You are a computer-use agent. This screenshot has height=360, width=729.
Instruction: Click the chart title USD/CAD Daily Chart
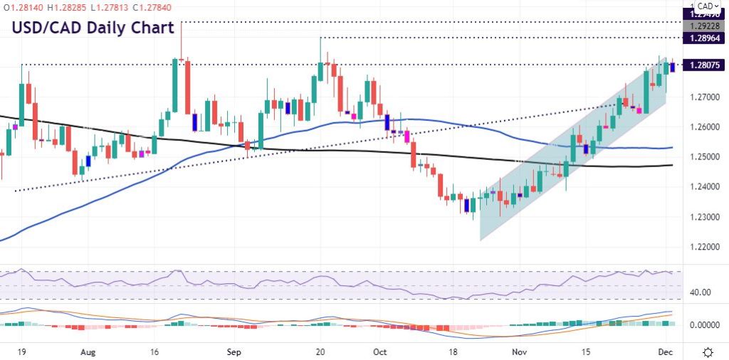pos(92,28)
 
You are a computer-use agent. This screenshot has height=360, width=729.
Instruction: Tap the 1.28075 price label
pos(704,65)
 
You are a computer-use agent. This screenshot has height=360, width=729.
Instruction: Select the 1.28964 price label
pos(704,38)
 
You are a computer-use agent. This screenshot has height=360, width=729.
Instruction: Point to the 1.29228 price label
pos(704,25)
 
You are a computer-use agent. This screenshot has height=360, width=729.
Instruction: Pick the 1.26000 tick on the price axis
pos(704,127)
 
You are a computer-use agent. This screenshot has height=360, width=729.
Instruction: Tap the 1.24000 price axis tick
pos(704,186)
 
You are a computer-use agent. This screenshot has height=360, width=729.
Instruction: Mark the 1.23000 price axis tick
pos(704,217)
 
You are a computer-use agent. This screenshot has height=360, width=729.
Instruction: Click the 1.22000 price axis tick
pos(704,247)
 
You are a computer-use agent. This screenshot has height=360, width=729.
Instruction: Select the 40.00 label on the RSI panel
pos(701,292)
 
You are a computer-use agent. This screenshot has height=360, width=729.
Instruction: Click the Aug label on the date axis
pos(88,351)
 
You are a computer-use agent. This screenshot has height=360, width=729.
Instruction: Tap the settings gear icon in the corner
pos(709,351)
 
